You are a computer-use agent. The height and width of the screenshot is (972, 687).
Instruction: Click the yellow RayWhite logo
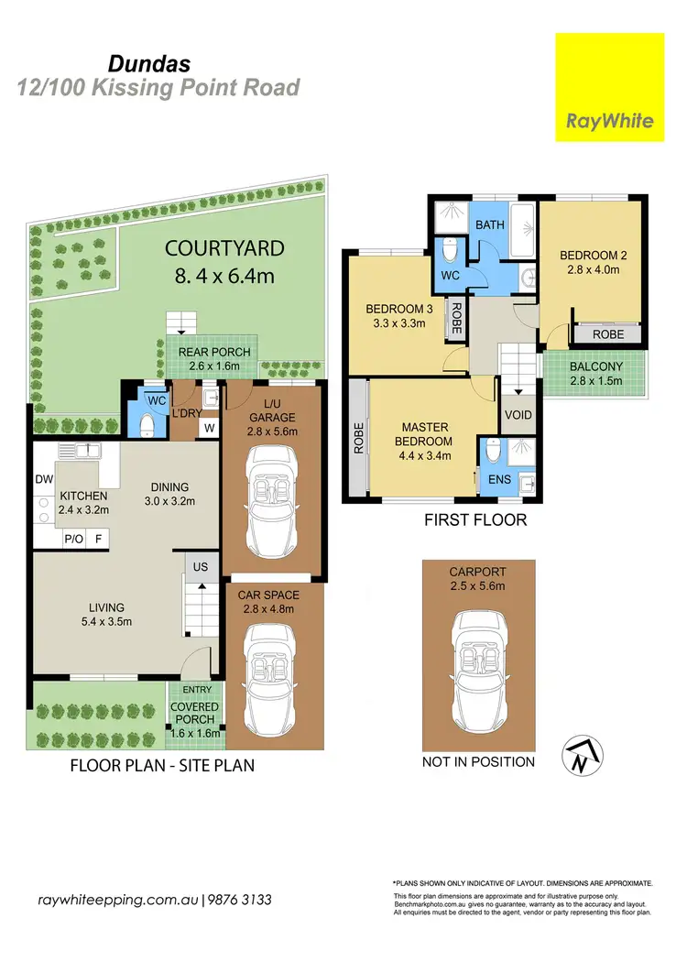click(x=609, y=87)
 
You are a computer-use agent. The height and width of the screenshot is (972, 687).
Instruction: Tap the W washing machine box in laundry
click(x=209, y=428)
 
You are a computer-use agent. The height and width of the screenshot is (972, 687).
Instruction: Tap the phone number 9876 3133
click(x=239, y=900)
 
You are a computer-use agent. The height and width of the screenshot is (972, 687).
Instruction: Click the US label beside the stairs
click(x=201, y=567)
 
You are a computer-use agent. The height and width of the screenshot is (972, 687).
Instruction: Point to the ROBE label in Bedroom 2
click(x=607, y=334)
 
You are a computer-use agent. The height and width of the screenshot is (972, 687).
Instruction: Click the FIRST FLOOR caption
click(x=474, y=519)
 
